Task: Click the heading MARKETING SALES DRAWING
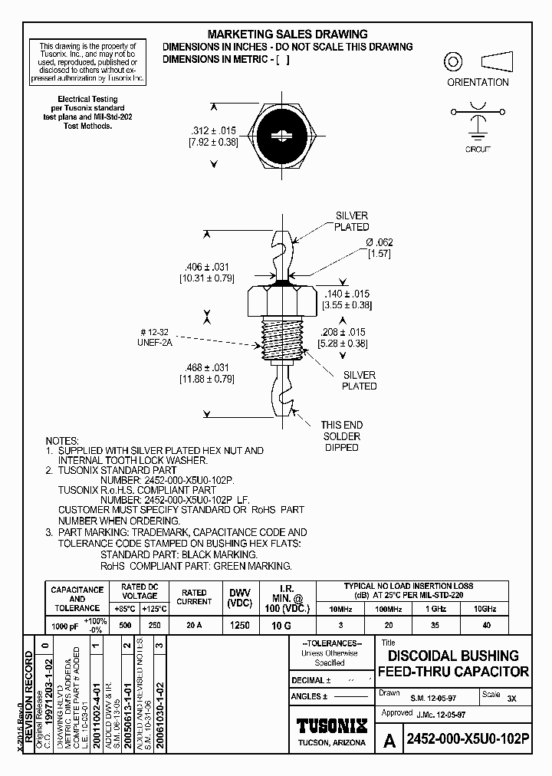tap(287, 35)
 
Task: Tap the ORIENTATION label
tap(478, 82)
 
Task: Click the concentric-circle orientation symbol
tap(453, 61)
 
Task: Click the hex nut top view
tap(283, 135)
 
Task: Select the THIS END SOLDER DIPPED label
tap(342, 436)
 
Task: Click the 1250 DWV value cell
tap(239, 625)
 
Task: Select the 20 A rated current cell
tap(194, 625)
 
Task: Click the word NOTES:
tap(64, 441)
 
